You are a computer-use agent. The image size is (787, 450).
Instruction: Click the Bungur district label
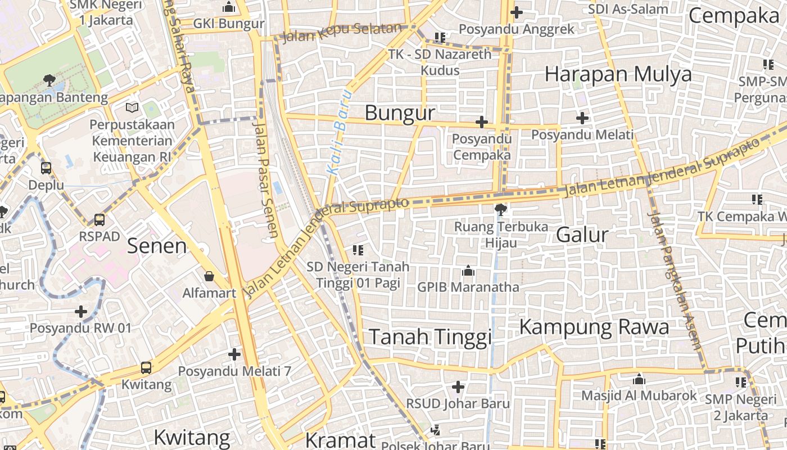[x=400, y=113]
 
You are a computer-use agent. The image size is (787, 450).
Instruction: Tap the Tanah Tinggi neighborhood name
[x=430, y=337]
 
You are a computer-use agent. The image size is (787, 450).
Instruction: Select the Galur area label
[x=582, y=235]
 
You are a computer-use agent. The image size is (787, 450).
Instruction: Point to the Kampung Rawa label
[x=594, y=327]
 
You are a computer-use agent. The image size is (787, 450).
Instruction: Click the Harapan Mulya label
[x=618, y=74]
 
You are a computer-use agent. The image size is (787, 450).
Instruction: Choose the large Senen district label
[x=157, y=246]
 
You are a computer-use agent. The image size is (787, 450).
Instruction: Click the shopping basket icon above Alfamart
[x=209, y=276]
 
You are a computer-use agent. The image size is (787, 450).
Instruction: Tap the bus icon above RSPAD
[x=99, y=219]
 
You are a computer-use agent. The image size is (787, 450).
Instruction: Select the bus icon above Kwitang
[x=146, y=368]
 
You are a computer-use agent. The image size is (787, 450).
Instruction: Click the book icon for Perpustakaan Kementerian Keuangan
[x=133, y=107]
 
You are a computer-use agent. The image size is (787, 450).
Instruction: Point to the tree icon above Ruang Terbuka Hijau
[x=500, y=210]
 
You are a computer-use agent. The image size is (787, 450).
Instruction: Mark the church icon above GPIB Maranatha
[x=468, y=271]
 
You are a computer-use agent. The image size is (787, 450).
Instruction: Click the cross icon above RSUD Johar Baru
[x=458, y=387]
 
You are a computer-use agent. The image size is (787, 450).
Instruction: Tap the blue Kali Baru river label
[x=341, y=132]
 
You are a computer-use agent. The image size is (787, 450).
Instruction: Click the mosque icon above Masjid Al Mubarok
[x=639, y=379]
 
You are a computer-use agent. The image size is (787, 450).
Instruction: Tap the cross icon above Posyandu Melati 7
[x=234, y=354]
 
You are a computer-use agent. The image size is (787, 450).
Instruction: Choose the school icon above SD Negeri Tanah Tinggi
[x=358, y=250]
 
